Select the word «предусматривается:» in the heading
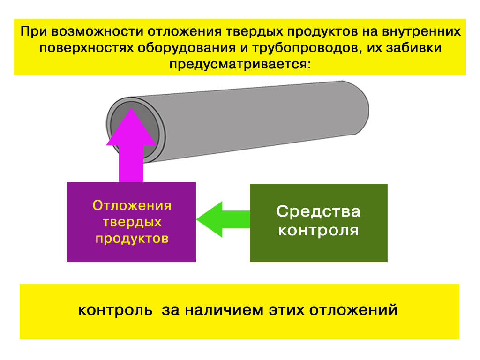(240, 64)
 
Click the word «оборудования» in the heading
(187, 48)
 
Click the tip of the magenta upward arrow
(131, 108)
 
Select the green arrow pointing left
(223, 219)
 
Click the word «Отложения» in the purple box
(132, 205)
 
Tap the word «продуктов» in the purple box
(132, 239)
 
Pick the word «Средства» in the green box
(318, 211)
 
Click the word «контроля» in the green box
(318, 231)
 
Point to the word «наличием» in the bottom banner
(225, 310)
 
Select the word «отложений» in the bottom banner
(353, 310)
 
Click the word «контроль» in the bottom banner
(115, 310)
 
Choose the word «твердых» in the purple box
(132, 222)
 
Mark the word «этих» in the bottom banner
(286, 310)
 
